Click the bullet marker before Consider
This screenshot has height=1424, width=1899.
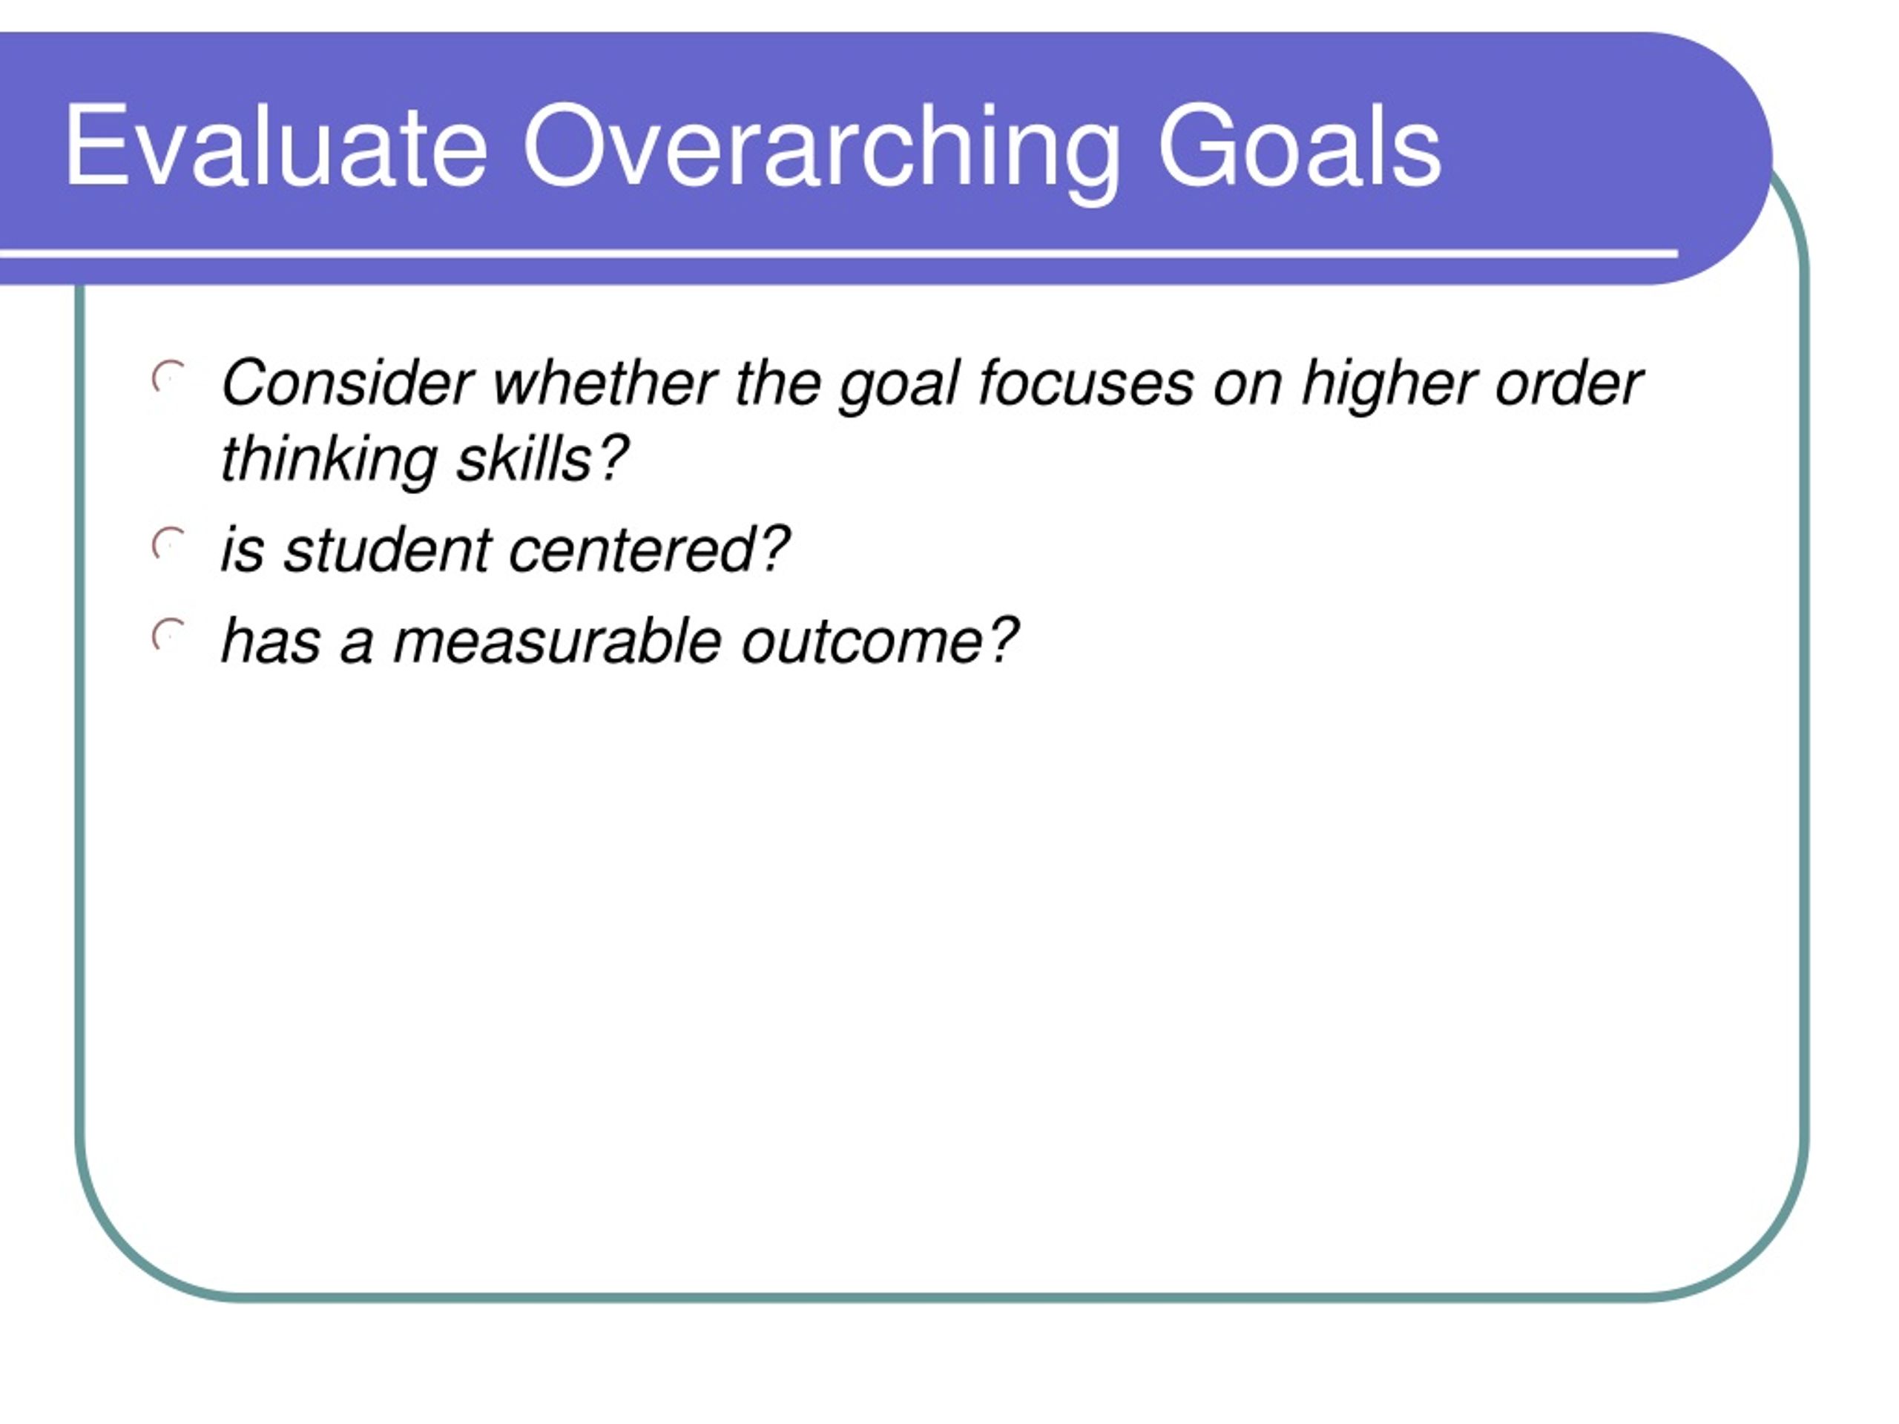[x=168, y=377]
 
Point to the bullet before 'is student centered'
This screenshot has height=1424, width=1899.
[x=168, y=544]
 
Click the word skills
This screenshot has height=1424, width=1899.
[x=524, y=458]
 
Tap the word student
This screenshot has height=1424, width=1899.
[x=387, y=550]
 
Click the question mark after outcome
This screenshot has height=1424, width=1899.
[x=1003, y=640]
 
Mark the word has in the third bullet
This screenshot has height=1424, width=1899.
[x=271, y=642]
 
